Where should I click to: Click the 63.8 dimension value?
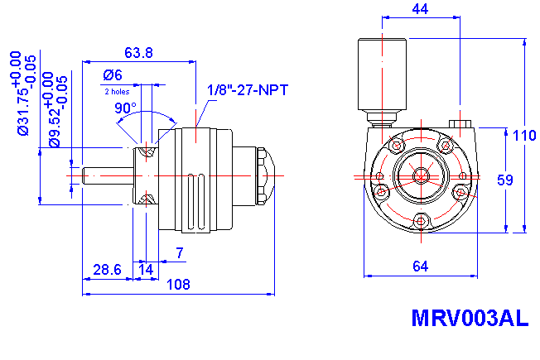pyautogui.click(x=137, y=53)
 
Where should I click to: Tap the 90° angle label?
pyautogui.click(x=125, y=108)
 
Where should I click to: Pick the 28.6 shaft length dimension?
pyautogui.click(x=108, y=270)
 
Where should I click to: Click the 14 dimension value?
pyautogui.click(x=146, y=270)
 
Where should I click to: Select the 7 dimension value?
pyautogui.click(x=179, y=253)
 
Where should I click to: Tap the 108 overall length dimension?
pyautogui.click(x=179, y=284)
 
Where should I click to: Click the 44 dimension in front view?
pyautogui.click(x=421, y=8)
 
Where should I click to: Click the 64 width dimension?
pyautogui.click(x=420, y=266)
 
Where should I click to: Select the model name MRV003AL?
pyautogui.click(x=469, y=319)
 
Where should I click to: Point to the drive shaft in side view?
pyautogui.click(x=106, y=175)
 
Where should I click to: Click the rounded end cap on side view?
pyautogui.click(x=267, y=175)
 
